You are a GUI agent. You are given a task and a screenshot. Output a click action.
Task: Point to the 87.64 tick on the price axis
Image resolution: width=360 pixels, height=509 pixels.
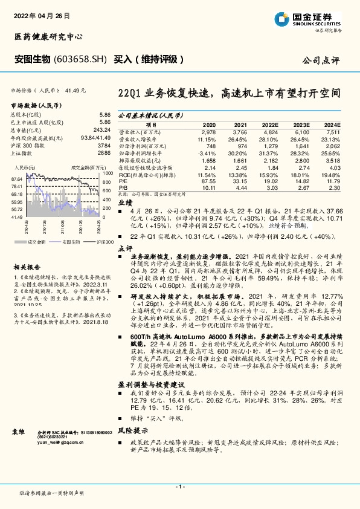[x=16, y=179]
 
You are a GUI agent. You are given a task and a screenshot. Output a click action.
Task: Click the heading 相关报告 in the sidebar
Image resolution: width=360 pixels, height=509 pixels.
[x=27, y=266]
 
